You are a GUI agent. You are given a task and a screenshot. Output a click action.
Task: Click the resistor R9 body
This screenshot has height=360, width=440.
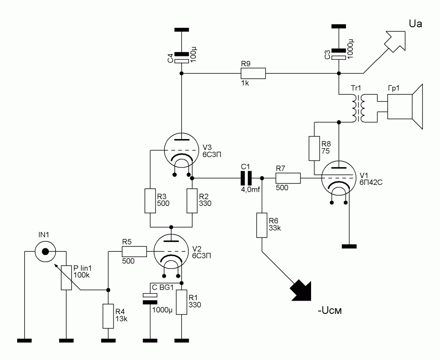[x=253, y=73]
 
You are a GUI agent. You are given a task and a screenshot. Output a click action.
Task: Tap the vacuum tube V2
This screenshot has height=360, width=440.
[x=171, y=253]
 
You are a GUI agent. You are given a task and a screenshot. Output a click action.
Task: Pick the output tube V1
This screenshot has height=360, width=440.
[x=338, y=180]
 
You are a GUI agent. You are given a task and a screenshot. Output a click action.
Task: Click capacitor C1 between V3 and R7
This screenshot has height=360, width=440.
[x=246, y=178]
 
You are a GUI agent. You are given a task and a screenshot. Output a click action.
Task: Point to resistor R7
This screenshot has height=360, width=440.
[x=288, y=178]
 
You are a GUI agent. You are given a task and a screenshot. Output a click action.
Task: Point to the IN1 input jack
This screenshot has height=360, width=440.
[x=45, y=252]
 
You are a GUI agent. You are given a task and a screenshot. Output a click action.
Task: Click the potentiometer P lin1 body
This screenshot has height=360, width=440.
[x=66, y=278]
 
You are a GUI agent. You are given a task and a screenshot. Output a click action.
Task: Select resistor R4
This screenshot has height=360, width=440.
[x=108, y=316]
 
